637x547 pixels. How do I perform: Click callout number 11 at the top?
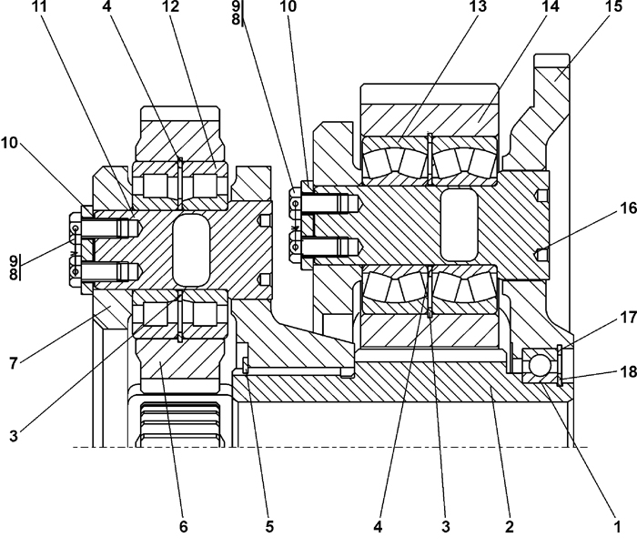[x=39, y=6]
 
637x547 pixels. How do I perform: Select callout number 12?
[x=171, y=6]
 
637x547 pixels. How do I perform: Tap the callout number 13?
[x=478, y=6]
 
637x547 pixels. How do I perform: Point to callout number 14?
[x=550, y=6]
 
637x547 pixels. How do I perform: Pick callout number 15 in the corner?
[x=614, y=6]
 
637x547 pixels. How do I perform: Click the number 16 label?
[x=628, y=208]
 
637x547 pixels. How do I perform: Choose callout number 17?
[x=628, y=318]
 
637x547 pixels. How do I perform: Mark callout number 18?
[x=628, y=371]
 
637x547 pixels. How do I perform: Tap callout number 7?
[x=14, y=363]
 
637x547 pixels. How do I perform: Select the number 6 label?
[x=184, y=527]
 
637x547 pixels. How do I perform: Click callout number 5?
[x=269, y=527]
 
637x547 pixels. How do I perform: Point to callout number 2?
[x=510, y=527]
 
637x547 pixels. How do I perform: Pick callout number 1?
[x=617, y=527]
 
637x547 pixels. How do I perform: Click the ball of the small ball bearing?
[x=540, y=365]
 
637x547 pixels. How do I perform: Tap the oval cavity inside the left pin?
[x=191, y=250]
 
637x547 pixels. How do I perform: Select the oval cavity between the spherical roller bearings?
[x=459, y=224]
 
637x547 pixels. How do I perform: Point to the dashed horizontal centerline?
[x=329, y=448]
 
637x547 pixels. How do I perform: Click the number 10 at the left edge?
[x=9, y=143]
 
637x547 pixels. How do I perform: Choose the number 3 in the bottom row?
[x=446, y=527]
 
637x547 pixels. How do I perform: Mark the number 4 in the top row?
[x=106, y=6]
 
